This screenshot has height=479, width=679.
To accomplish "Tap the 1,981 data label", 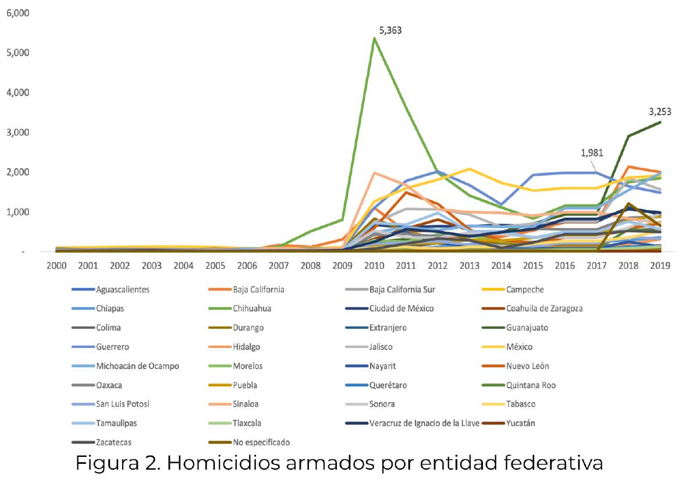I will [592, 153].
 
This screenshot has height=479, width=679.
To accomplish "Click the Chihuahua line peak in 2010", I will [374, 38].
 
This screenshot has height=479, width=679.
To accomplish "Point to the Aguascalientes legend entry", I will [123, 289].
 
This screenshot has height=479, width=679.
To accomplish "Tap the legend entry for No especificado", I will [261, 442].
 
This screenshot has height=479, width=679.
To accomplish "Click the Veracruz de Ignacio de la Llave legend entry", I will [424, 423].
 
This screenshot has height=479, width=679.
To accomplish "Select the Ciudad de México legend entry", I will [401, 308].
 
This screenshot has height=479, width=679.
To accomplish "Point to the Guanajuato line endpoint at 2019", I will [659, 122].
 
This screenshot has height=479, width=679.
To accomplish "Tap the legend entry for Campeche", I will [525, 289].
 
